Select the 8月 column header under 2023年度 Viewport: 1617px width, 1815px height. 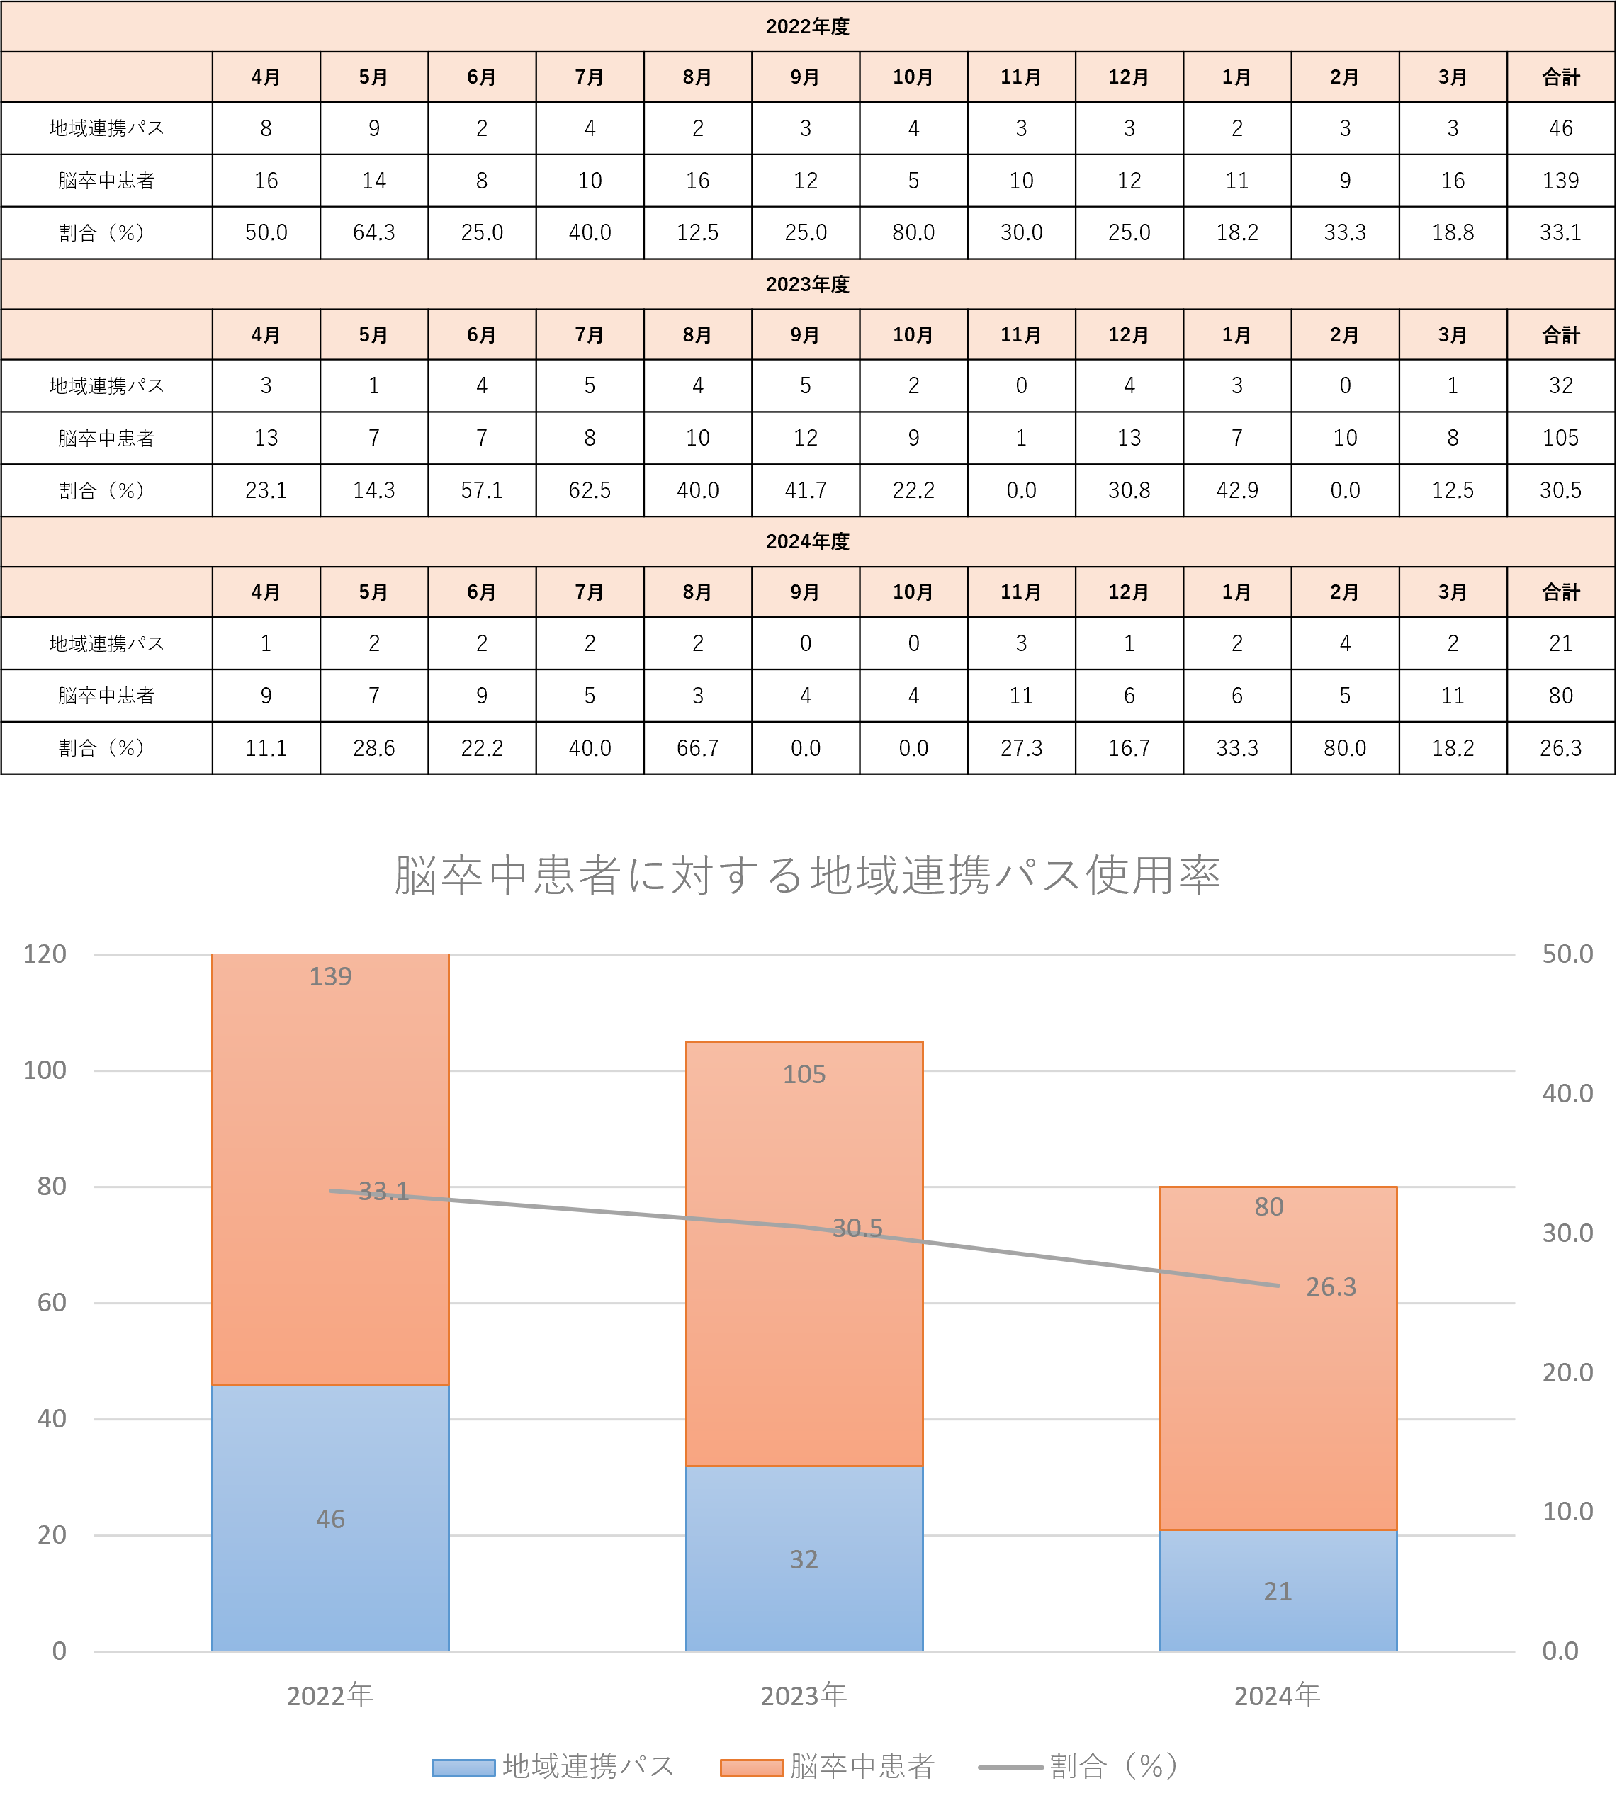click(697, 335)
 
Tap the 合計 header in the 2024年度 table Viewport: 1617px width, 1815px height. click(1560, 592)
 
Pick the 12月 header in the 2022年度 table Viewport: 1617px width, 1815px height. click(1128, 77)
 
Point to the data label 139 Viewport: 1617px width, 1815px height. click(330, 977)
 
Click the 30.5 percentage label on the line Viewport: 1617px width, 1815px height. click(857, 1228)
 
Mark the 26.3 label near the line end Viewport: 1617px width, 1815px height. click(1331, 1287)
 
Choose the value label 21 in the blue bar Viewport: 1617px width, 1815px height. click(1278, 1591)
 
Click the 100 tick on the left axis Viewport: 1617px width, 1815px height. click(45, 1070)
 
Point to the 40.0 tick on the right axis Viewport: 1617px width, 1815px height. click(1567, 1094)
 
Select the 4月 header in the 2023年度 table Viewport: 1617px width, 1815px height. click(266, 335)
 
